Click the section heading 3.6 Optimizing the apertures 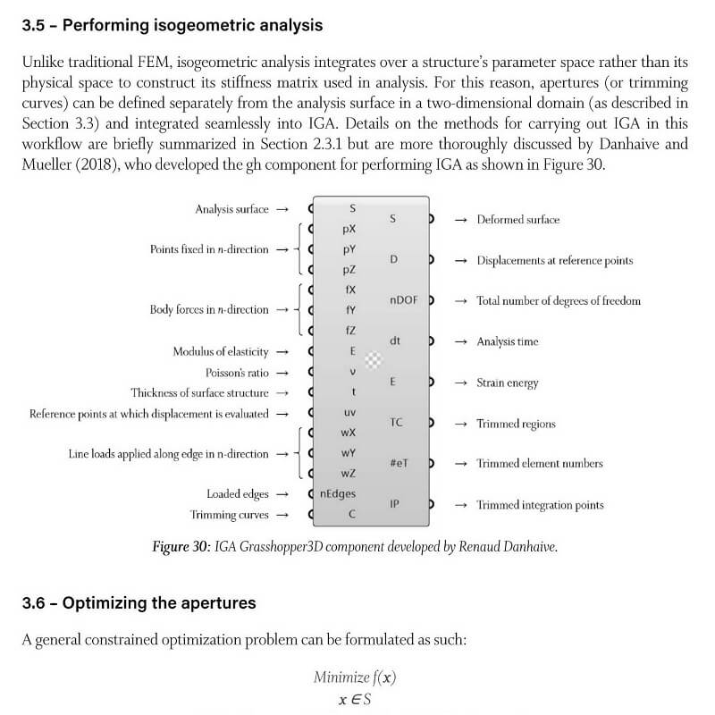click(139, 603)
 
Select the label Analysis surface click(231, 209)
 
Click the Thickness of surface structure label click(199, 392)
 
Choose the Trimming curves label click(229, 515)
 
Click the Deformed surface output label click(517, 219)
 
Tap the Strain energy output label click(507, 383)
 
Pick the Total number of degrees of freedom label click(558, 301)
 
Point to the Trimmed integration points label click(539, 505)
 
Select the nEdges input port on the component click(338, 494)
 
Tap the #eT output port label click(400, 463)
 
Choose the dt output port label click(395, 341)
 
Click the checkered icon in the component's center click(374, 360)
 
